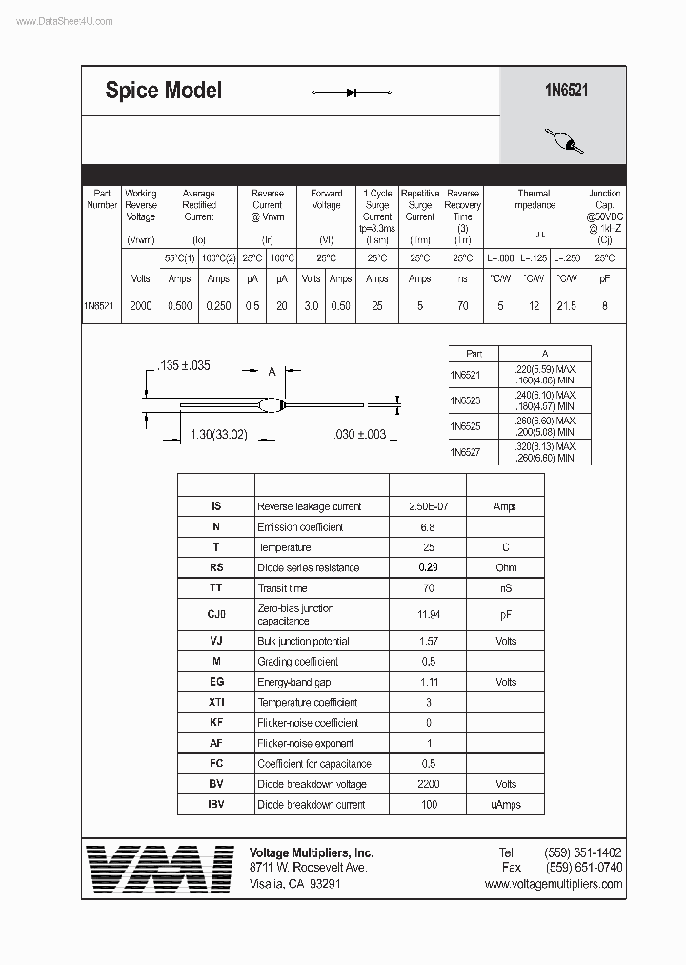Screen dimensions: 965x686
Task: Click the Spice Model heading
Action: [163, 91]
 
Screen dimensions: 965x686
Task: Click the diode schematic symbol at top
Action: [352, 92]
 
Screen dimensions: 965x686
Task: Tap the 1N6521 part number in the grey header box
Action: [563, 91]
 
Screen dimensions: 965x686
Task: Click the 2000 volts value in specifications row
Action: [141, 306]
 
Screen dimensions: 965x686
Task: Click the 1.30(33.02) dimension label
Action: [218, 435]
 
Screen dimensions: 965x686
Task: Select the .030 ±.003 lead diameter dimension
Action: [360, 435]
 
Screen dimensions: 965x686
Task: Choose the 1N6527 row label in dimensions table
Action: [465, 453]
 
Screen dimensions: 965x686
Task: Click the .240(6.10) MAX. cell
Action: [545, 395]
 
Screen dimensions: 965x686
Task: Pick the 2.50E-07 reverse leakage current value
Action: [428, 507]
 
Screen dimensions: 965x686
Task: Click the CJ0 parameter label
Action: [216, 614]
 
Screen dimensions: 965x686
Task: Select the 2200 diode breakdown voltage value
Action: [428, 784]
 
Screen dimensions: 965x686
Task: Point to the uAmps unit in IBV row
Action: [505, 805]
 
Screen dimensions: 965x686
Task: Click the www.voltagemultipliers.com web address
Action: [553, 884]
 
